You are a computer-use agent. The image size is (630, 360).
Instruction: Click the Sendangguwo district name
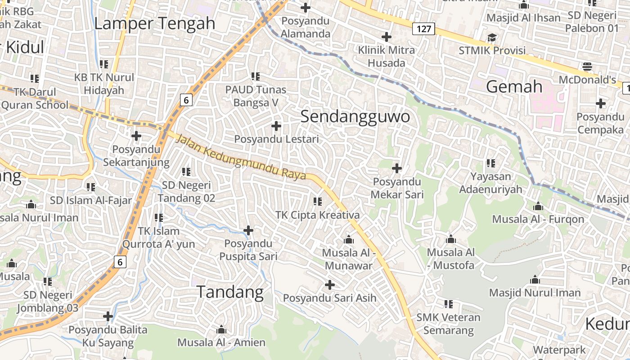click(355, 117)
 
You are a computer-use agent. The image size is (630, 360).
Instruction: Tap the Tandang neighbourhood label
click(230, 292)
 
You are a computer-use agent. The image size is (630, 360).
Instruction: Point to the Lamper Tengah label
click(155, 23)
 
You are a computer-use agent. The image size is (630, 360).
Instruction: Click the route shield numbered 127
click(423, 30)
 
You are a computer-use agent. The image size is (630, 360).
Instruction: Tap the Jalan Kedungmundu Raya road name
click(241, 158)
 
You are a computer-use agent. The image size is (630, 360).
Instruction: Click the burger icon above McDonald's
click(587, 67)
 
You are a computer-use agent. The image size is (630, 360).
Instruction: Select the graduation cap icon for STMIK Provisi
click(492, 37)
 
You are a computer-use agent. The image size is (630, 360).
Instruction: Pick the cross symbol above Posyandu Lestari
click(276, 126)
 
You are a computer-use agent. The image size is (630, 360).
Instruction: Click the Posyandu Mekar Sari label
click(396, 188)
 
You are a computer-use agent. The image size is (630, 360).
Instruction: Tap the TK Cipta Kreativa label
click(318, 215)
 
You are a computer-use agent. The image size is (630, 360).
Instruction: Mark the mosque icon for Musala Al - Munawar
click(349, 239)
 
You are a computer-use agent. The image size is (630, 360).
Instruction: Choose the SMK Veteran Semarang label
click(448, 324)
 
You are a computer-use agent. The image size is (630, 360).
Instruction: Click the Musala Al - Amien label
click(221, 342)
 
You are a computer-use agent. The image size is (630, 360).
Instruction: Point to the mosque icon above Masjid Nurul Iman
click(535, 280)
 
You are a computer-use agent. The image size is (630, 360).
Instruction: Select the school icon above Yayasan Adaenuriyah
click(490, 163)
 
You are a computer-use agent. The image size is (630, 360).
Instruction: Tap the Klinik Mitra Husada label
click(387, 56)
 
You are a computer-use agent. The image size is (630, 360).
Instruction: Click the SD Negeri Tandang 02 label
click(186, 191)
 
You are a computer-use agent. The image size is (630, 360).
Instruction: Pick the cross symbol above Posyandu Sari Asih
click(330, 285)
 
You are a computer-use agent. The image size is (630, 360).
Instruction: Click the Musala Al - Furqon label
click(538, 219)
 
